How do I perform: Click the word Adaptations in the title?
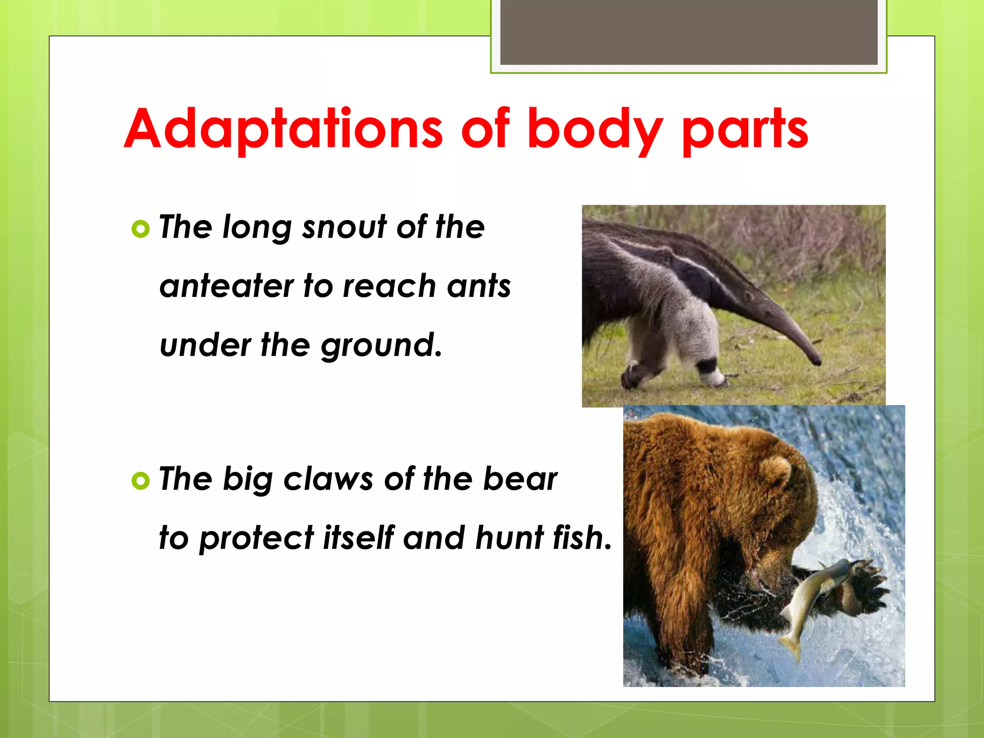(283, 129)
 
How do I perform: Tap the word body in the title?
(595, 129)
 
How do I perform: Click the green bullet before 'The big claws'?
(140, 480)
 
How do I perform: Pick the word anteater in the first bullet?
(226, 286)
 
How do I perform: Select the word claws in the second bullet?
(328, 479)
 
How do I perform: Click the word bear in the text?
(520, 479)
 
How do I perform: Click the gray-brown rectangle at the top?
(689, 32)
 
